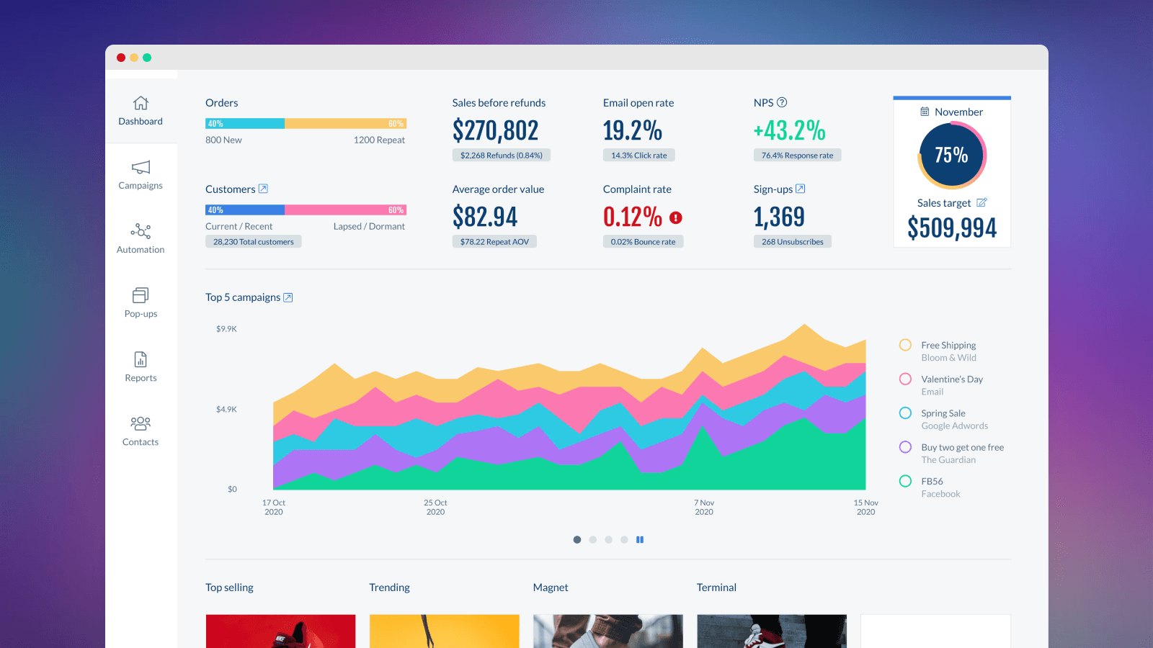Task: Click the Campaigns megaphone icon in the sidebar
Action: (x=141, y=167)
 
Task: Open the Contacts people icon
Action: (x=141, y=423)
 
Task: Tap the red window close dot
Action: (x=121, y=58)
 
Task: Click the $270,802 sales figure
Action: (x=495, y=131)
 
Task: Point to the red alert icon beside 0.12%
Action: (x=676, y=217)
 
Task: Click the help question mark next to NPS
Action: (x=782, y=102)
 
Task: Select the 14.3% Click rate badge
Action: (x=638, y=156)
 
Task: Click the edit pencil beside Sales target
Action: (x=981, y=202)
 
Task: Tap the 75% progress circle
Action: (x=951, y=155)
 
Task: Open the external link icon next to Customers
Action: (x=263, y=189)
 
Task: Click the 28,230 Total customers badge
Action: (x=253, y=242)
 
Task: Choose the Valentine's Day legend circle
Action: (x=905, y=379)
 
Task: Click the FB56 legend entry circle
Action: (x=905, y=481)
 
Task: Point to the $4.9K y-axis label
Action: (x=226, y=409)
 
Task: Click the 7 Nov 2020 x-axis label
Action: (x=704, y=508)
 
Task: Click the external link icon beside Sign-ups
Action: (x=800, y=189)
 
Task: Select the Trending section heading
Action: (x=389, y=588)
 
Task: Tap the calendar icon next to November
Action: (x=925, y=112)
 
